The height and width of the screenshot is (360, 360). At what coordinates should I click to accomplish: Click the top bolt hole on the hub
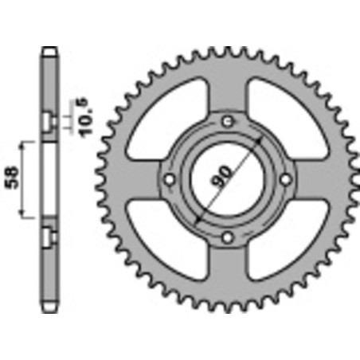229,120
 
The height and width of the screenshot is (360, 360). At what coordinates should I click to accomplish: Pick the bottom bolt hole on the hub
229,237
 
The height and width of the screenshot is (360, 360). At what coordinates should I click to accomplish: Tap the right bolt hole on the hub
288,179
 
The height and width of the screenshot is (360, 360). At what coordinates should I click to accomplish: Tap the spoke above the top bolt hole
229,88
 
